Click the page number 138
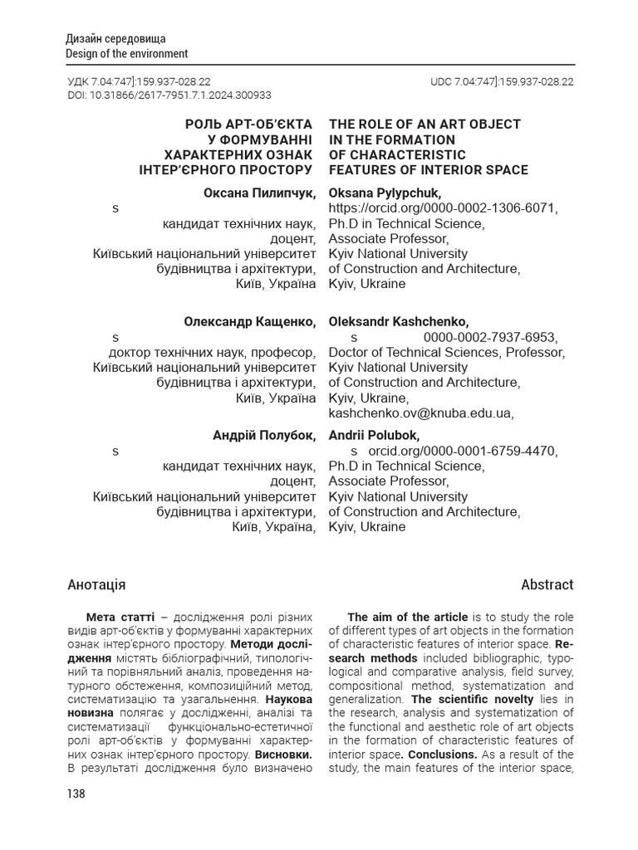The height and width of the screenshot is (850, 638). [76, 794]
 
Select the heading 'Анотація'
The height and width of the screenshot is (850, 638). [96, 585]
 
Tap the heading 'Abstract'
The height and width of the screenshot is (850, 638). [547, 585]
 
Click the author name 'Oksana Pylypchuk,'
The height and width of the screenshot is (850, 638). [385, 193]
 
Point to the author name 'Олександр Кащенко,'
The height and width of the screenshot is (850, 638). [249, 321]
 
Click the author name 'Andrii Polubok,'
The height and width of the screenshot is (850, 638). [375, 435]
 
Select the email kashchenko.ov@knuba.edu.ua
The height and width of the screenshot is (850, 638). [421, 413]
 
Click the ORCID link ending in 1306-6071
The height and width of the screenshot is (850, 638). [444, 208]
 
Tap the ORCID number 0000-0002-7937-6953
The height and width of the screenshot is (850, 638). [491, 337]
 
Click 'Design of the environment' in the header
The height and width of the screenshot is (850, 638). [127, 54]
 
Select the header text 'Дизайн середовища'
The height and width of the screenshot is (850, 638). [115, 39]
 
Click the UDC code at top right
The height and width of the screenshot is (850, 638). [502, 82]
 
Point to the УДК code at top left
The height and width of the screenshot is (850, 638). [139, 82]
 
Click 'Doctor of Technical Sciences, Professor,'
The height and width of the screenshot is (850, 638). [447, 352]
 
